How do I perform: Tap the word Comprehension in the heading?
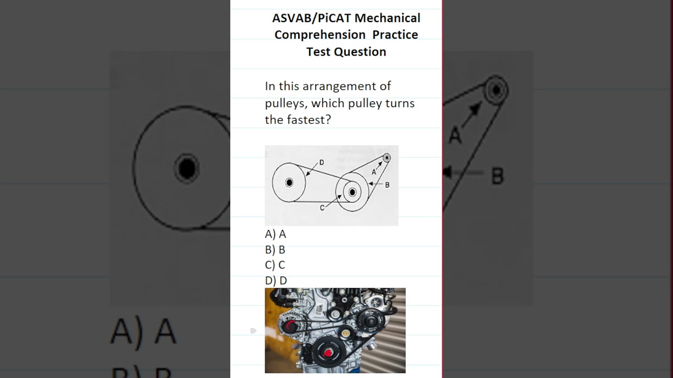point(320,35)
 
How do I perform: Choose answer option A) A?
point(276,234)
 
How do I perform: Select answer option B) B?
point(275,250)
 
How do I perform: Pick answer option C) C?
point(275,265)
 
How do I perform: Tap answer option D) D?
point(276,281)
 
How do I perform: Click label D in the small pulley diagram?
point(321,162)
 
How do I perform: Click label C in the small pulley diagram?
point(322,208)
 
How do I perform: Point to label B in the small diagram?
point(387,185)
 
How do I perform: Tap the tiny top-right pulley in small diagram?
point(386,157)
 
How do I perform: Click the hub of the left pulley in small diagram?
point(289,183)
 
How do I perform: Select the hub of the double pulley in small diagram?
point(352,193)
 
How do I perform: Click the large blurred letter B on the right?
point(497,176)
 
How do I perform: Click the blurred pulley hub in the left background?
point(186,169)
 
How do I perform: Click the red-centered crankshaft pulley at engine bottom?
point(328,353)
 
